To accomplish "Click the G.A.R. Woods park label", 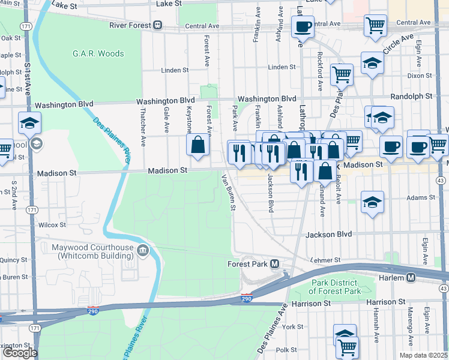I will (x=98, y=53).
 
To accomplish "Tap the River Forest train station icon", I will (x=157, y=25).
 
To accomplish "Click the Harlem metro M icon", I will (x=411, y=277).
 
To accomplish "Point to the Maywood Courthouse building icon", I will (x=143, y=250).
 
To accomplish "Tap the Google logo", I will (x=19, y=353).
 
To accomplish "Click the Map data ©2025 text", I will (x=423, y=355).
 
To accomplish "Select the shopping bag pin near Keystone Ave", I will (x=197, y=145).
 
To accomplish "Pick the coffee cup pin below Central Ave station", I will (x=303, y=27).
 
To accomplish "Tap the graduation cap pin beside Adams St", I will (x=372, y=202).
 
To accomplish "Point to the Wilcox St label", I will (x=52, y=225).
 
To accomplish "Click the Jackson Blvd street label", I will (x=328, y=235).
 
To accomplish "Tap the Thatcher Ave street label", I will (x=143, y=127).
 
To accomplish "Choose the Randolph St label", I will (x=411, y=96).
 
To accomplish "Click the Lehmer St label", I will (x=326, y=260).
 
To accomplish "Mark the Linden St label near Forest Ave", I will (x=175, y=70).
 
